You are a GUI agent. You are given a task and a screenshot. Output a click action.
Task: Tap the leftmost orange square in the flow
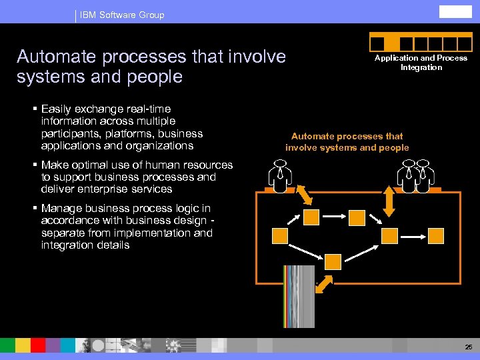(x=280, y=235)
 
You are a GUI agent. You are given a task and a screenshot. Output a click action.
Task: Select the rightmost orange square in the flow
(x=435, y=235)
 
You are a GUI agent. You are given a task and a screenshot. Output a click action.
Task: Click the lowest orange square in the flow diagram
(x=333, y=261)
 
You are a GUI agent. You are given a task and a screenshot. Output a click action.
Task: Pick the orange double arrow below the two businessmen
(x=390, y=203)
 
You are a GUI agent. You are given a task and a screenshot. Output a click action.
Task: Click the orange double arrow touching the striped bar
(x=323, y=284)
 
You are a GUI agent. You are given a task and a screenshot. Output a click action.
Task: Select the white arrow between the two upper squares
(x=334, y=216)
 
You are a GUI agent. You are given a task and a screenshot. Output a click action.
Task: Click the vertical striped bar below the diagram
(x=298, y=296)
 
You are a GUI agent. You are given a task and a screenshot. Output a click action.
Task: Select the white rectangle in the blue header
(x=456, y=12)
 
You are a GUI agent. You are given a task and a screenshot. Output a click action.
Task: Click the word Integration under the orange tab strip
(x=421, y=67)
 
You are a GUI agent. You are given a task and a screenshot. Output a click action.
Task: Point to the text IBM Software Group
(x=121, y=15)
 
